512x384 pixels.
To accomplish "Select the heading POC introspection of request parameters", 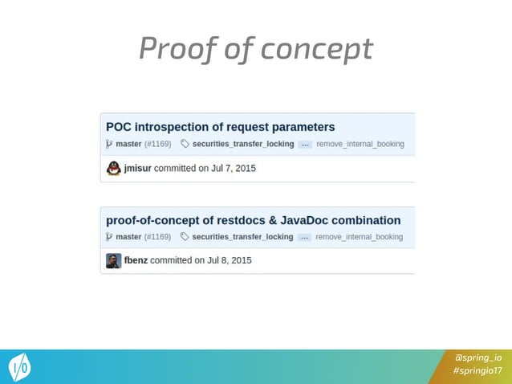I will [221, 127].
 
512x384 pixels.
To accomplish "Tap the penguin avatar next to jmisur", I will [114, 169].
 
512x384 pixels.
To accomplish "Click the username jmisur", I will [137, 169].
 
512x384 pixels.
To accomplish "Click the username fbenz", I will [136, 260].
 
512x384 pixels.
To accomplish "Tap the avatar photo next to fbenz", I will [114, 260].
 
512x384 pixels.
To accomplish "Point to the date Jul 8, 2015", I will [230, 260].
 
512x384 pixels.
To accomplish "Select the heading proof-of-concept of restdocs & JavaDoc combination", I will [254, 220].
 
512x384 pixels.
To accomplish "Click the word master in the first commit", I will [128, 145].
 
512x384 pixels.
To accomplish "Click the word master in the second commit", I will [128, 237].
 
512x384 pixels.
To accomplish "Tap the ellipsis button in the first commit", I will [305, 145].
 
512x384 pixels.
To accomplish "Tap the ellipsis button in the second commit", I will [304, 237].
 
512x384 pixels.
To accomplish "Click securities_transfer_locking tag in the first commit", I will [242, 145].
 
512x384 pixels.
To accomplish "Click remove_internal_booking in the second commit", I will [359, 237].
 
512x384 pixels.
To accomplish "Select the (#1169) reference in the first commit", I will [158, 145].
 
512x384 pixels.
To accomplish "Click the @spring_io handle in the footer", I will [478, 357].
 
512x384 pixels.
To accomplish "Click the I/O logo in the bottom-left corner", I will [20, 368].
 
